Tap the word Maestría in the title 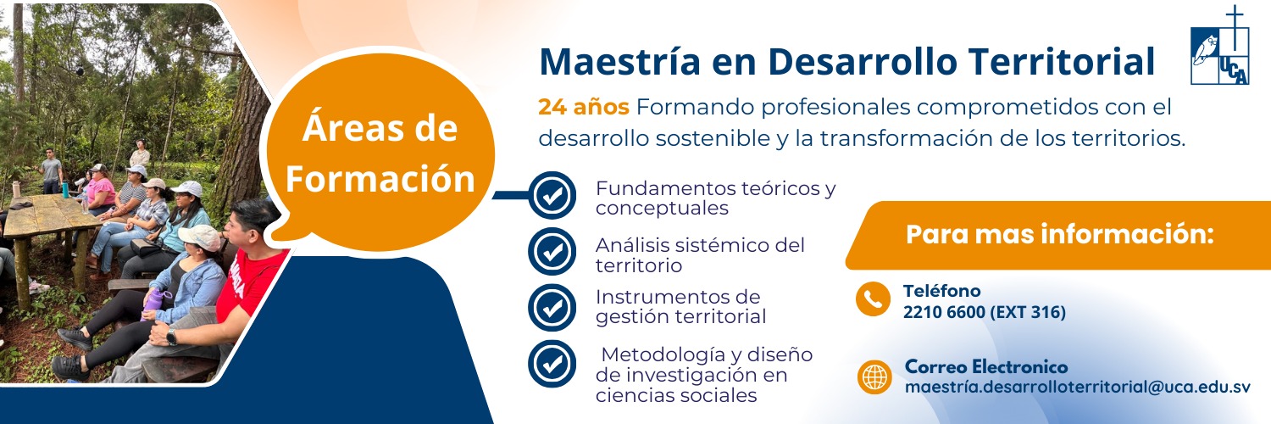click(x=619, y=61)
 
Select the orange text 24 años click(x=583, y=107)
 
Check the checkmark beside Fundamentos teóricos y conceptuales click(x=552, y=195)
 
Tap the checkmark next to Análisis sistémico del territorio click(x=552, y=252)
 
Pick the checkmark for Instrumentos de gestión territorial click(x=552, y=307)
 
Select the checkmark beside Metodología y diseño click(x=552, y=363)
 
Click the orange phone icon click(x=873, y=298)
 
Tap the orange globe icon click(x=874, y=377)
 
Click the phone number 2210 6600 click(x=944, y=312)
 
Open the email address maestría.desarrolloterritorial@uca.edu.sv click(x=1078, y=387)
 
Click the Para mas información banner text click(x=1059, y=234)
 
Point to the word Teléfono click(x=942, y=291)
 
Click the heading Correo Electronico click(x=986, y=366)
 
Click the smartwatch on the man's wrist click(x=171, y=338)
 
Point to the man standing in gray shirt click(x=51, y=170)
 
